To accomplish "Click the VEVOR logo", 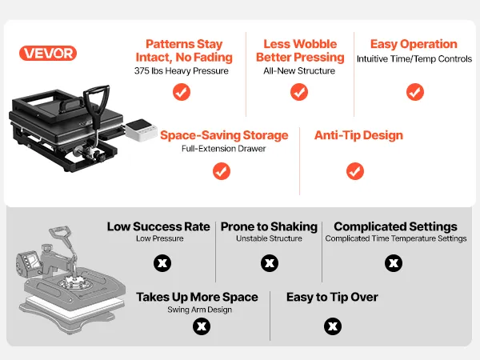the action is coord(48,54).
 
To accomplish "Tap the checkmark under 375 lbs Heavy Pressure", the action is coord(182,92).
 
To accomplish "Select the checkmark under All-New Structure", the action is coord(299,92).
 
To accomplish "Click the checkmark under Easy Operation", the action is coord(415,92).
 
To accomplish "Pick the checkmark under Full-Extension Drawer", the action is coord(222,171).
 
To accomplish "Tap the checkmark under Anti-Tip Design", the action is coord(355,171).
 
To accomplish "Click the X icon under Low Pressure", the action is coord(162,263).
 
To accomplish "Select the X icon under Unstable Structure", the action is coord(270,263).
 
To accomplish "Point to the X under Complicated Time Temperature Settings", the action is coord(394,263).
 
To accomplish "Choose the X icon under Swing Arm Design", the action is coord(202,326).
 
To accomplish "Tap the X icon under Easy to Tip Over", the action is coord(333,326).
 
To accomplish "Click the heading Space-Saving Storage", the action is coord(224,135).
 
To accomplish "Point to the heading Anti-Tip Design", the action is coord(358,135).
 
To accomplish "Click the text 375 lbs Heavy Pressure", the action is coord(182,71).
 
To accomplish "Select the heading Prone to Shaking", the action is coord(269,227).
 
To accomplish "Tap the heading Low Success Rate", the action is coord(158,227).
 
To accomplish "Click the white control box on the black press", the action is coord(141,130).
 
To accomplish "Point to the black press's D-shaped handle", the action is coord(97,104).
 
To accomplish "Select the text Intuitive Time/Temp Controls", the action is coord(414,58).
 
